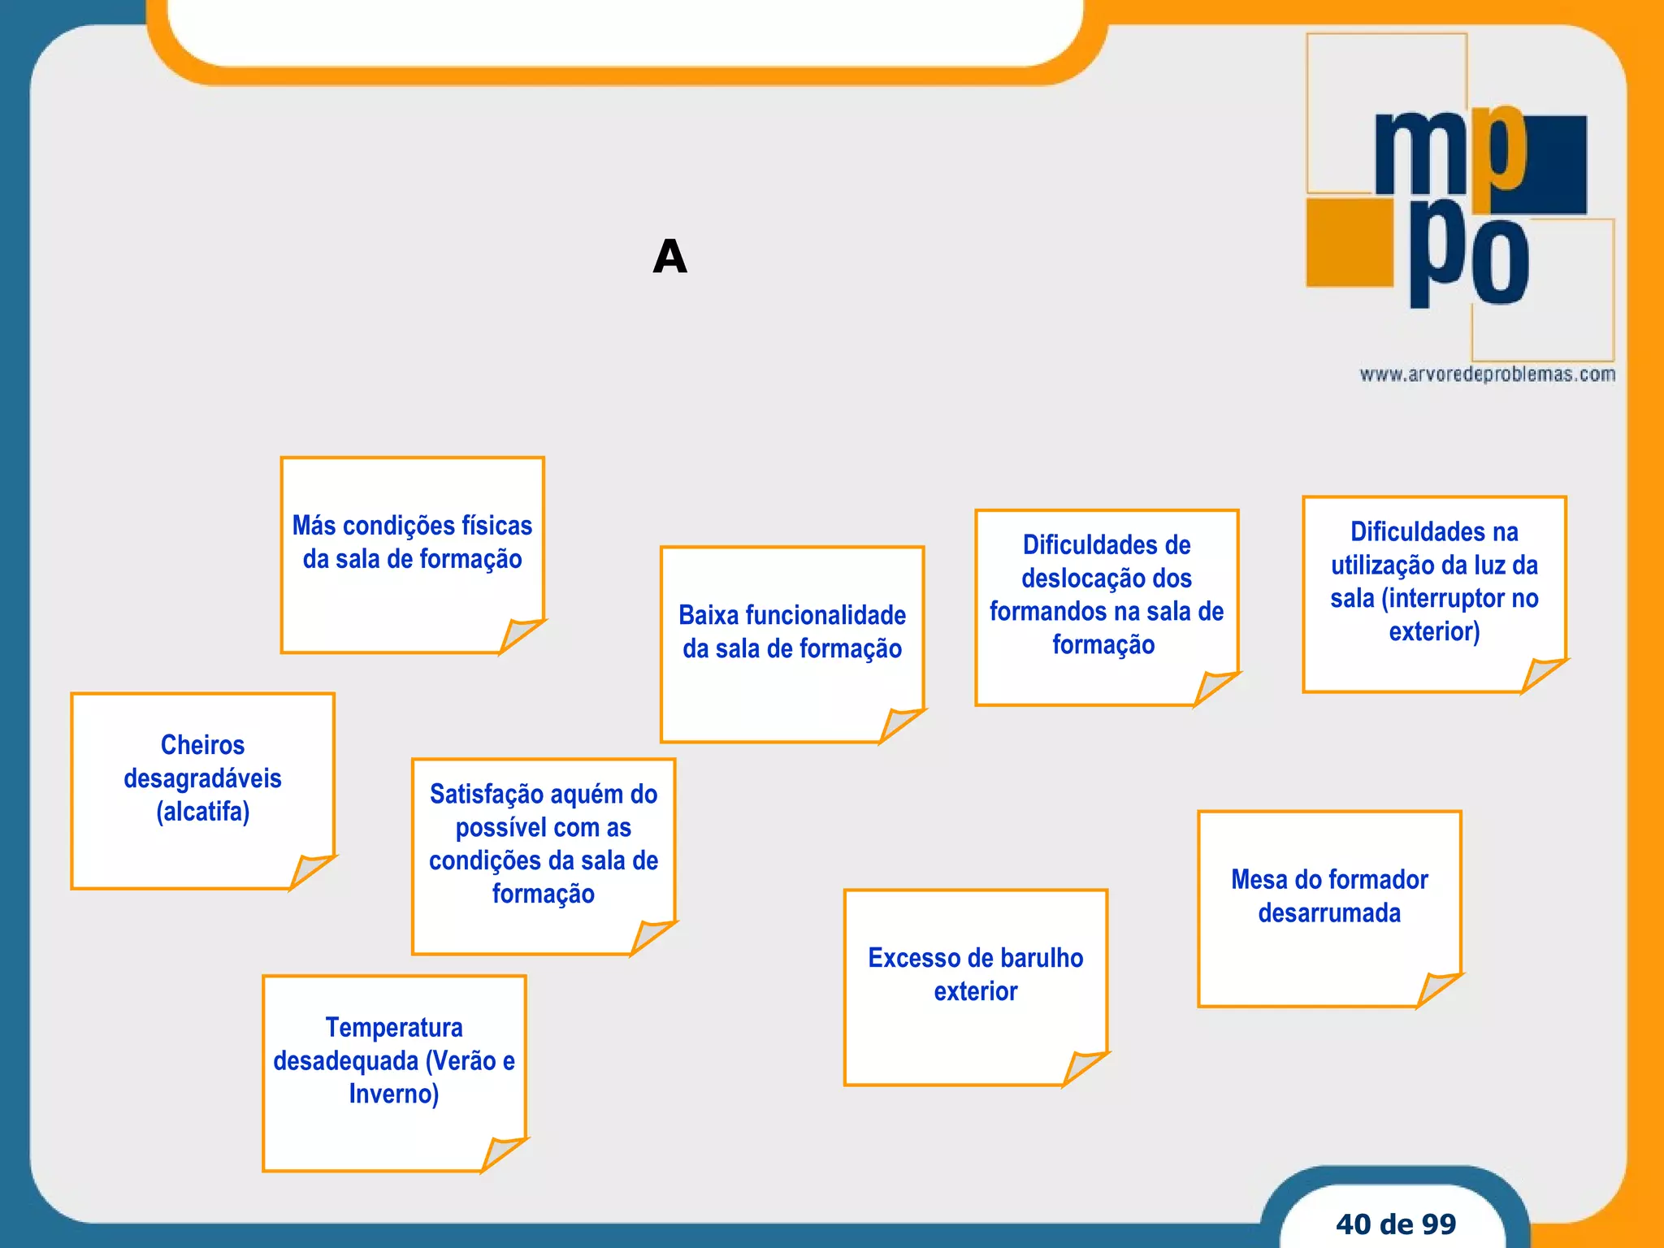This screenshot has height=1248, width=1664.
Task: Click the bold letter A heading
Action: pos(669,257)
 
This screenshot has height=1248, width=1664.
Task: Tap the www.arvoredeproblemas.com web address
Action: pos(1487,375)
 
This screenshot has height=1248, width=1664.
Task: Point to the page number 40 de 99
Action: pos(1395,1224)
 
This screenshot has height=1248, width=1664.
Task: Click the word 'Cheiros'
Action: pos(202,745)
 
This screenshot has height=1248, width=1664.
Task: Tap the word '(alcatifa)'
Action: pos(202,812)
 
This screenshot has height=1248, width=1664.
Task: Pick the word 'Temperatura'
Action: pos(394,1028)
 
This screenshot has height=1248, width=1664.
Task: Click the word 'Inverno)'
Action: pos(394,1094)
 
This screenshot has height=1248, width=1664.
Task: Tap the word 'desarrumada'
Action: pos(1329,913)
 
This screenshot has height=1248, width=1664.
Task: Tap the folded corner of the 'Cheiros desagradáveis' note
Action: pos(310,870)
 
